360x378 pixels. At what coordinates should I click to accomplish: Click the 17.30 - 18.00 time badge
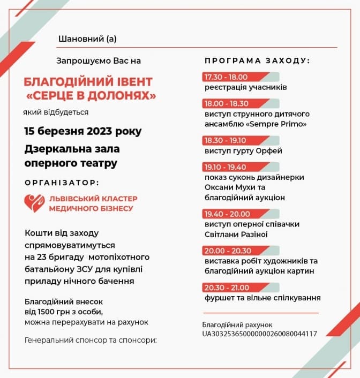[224, 77]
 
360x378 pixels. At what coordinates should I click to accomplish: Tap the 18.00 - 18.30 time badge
[224, 103]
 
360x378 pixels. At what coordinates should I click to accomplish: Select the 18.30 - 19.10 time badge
[224, 140]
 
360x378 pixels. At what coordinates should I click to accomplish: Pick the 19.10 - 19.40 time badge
[224, 167]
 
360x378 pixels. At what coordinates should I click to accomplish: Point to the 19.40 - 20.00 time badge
[224, 214]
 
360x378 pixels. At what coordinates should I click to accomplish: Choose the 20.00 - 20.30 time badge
[224, 250]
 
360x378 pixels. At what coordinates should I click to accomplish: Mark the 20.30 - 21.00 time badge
[224, 287]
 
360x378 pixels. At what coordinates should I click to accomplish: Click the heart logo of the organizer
[34, 203]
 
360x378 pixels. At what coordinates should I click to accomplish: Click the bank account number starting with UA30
[259, 334]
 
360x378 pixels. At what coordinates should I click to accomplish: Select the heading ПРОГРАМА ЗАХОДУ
[257, 61]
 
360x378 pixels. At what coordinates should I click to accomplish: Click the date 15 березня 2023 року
[83, 131]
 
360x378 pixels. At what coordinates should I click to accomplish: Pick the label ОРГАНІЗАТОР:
[62, 182]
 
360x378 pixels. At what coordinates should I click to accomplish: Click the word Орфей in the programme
[271, 150]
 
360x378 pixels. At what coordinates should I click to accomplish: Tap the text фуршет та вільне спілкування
[262, 297]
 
